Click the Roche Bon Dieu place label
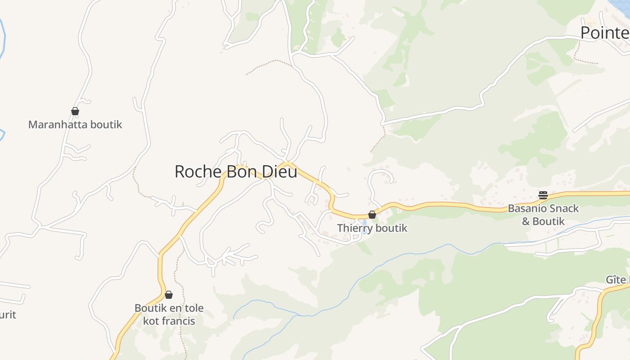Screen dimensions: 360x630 [x=236, y=172]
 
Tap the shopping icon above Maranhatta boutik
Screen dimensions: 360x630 [x=75, y=111]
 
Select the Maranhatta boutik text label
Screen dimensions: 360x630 [x=75, y=125]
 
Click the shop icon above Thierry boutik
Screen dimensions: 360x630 [x=372, y=215]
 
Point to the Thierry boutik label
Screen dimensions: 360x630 [x=372, y=228]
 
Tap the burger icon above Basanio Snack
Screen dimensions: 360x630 [x=543, y=195]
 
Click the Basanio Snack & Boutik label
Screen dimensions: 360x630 [x=543, y=215]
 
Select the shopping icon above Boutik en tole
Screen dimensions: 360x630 [x=169, y=295]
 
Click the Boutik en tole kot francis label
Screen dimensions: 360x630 [x=169, y=315]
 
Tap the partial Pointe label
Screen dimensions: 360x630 [x=605, y=33]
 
